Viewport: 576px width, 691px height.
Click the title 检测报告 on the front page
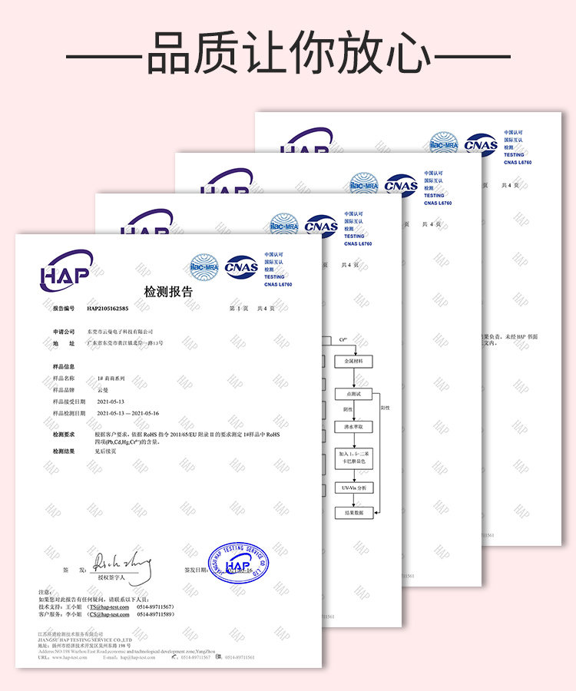pos(169,292)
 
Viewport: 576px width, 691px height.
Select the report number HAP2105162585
pos(108,309)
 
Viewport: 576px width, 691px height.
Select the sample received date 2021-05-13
pos(111,402)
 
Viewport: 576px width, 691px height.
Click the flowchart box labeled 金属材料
pos(358,360)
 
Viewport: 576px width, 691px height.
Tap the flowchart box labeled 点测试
pos(358,393)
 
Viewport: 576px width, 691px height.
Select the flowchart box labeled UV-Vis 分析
pos(358,488)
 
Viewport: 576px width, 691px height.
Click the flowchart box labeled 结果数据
pos(358,512)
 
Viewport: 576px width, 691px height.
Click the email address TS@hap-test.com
pos(109,607)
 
